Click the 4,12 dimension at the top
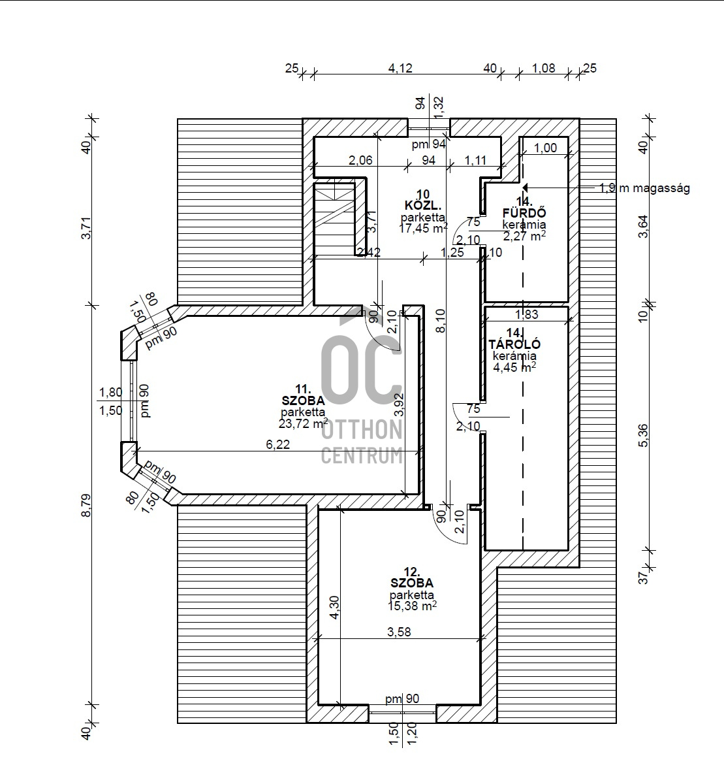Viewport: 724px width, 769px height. tap(400, 68)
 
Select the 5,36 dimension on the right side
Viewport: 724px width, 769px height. tap(643, 435)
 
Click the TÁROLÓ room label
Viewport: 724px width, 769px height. tap(514, 345)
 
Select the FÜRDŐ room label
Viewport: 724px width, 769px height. tap(524, 212)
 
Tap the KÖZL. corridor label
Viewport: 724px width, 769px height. tap(423, 205)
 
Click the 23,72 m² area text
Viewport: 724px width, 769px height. tap(303, 423)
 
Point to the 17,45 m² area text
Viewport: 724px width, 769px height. tap(423, 228)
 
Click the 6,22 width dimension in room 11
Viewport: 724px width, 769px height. tap(278, 444)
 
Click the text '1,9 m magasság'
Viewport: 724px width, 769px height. tap(644, 188)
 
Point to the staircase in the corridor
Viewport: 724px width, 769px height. tap(334, 219)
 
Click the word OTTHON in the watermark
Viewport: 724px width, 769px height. tap(362, 431)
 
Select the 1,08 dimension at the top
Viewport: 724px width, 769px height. tap(544, 68)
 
